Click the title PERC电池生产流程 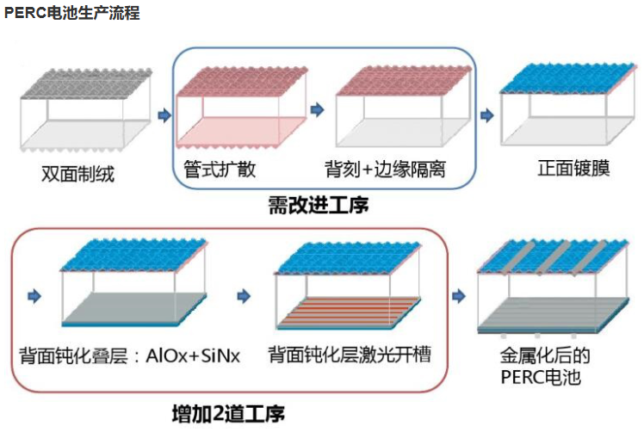[x=71, y=14]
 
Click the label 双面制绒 [x=77, y=174]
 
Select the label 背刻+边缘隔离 [x=385, y=168]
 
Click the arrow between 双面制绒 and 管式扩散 [x=164, y=113]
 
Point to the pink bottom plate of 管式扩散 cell [x=241, y=130]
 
